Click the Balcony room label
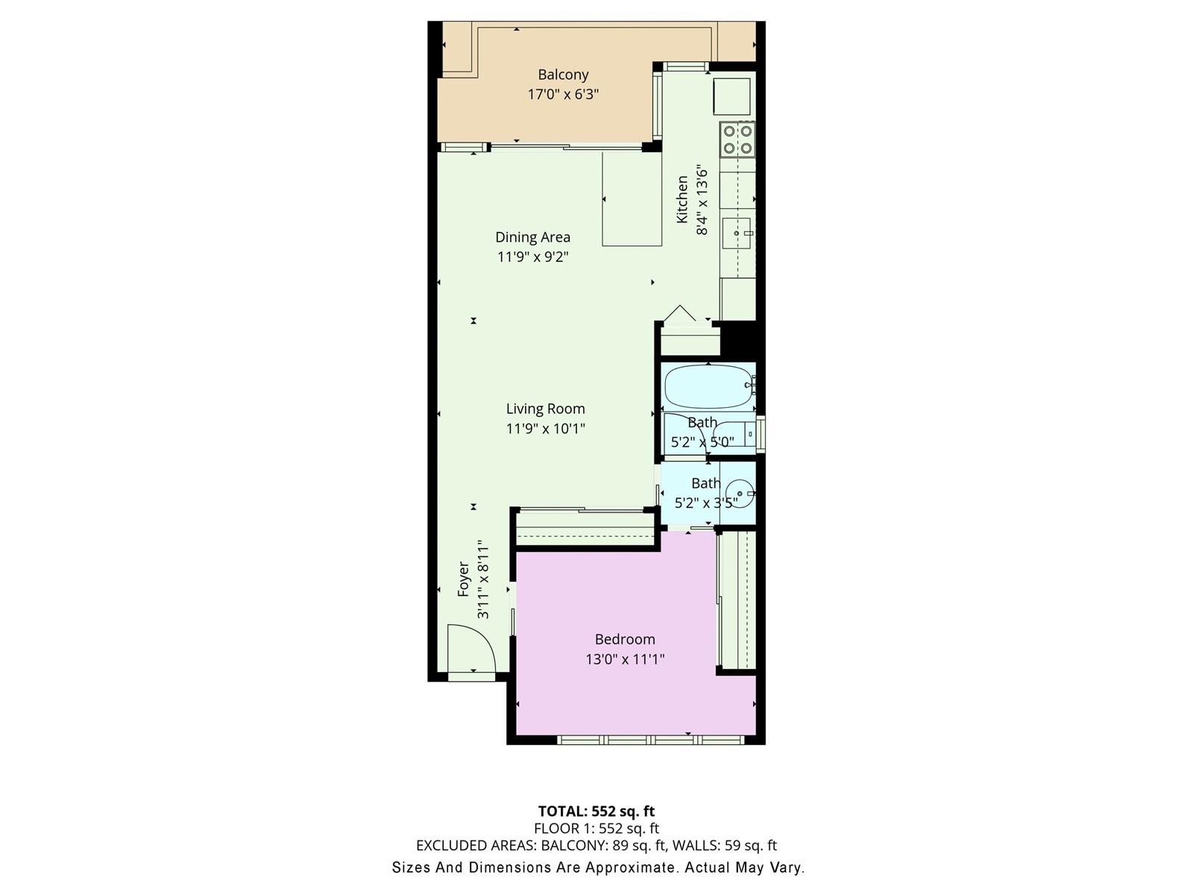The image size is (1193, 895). tap(563, 75)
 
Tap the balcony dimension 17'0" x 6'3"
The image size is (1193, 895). tap(563, 95)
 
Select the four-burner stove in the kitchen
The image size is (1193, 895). tap(737, 139)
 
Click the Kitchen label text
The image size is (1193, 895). tap(682, 199)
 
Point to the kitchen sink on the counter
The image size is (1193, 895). tap(737, 233)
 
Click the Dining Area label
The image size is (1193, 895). tap(532, 237)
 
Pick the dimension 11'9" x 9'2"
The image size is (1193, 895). tap(532, 257)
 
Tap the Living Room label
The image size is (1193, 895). tap(546, 409)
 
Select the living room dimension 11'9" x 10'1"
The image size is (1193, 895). tap(546, 429)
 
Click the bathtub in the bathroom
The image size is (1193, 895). tap(709, 386)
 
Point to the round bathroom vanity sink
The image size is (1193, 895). tap(740, 494)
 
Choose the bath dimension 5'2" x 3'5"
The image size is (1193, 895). tap(706, 503)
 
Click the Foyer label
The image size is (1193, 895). tap(463, 580)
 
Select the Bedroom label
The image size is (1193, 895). tap(625, 640)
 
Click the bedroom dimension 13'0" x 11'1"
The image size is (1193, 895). tap(625, 660)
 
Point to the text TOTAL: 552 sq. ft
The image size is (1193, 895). tap(596, 812)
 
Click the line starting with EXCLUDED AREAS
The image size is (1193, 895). tap(596, 846)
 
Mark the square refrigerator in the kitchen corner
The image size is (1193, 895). tap(732, 97)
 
